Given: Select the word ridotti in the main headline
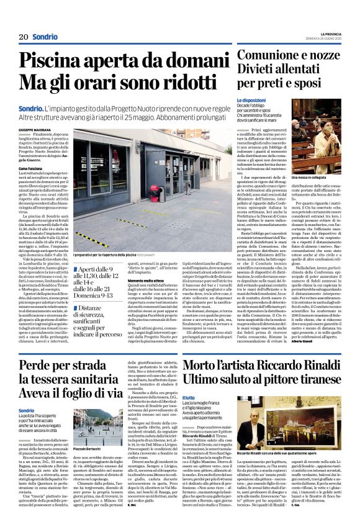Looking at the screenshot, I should click(187, 83).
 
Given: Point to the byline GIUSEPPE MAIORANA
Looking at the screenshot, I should click(34, 128).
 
